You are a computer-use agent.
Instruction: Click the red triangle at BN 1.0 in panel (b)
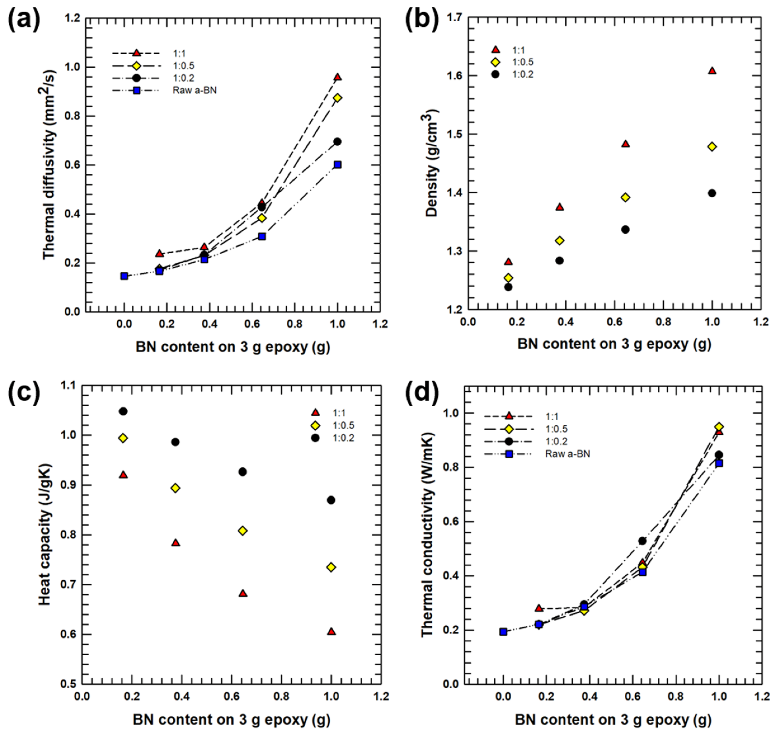point(712,71)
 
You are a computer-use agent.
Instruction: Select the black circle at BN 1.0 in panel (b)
point(712,193)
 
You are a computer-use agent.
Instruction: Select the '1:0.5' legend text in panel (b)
point(523,62)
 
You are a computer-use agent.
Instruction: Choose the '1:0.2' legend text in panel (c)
point(344,438)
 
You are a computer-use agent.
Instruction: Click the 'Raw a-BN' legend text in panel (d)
point(567,454)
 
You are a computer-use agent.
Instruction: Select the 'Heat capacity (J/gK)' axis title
point(45,534)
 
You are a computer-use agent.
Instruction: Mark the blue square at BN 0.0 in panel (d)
point(503,631)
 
